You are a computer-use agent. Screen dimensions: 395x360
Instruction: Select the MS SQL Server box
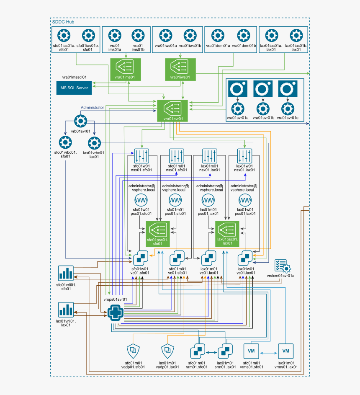click(74, 87)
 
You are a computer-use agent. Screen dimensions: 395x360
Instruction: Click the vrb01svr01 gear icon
click(80, 121)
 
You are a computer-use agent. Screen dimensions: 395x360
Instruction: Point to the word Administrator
click(92, 108)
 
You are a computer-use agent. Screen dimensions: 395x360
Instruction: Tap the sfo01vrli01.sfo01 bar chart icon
click(66, 274)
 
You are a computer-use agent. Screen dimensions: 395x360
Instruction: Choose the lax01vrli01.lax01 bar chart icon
click(66, 310)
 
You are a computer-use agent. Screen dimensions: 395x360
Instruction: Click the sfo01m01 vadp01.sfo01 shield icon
click(133, 350)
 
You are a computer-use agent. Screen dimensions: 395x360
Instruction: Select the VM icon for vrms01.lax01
click(286, 350)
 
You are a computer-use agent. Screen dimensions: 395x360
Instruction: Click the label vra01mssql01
click(74, 77)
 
